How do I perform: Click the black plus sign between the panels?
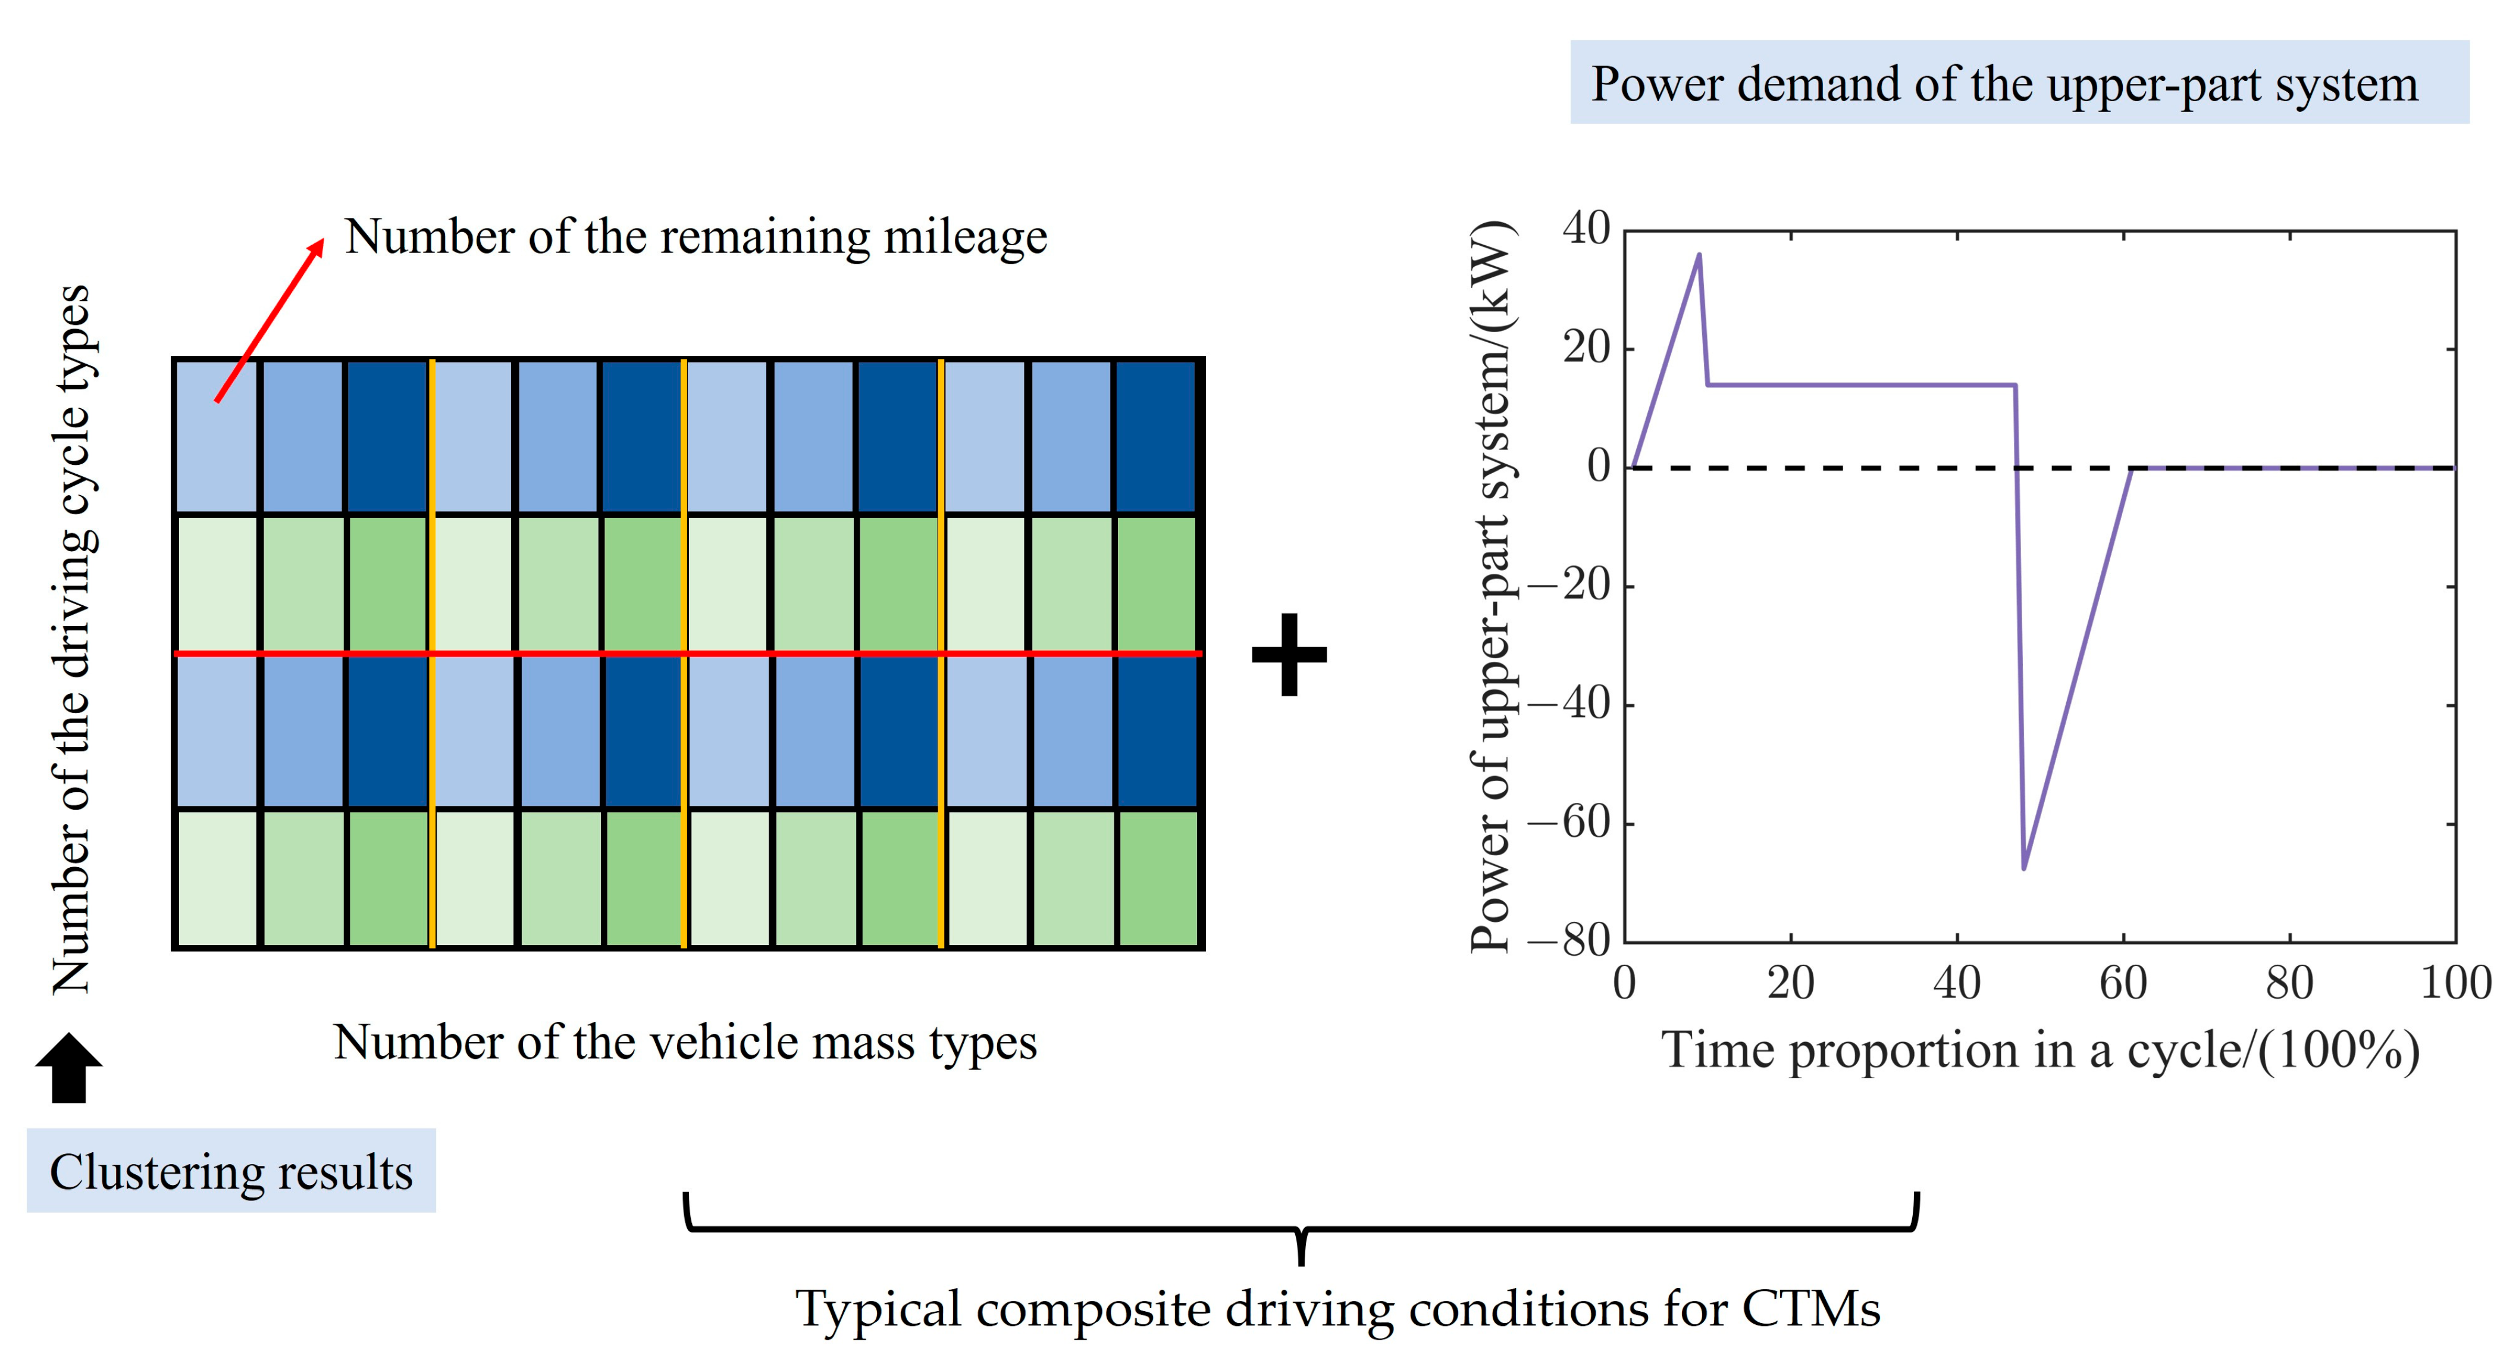1288,655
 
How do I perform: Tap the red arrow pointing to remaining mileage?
270,320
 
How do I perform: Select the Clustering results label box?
231,1171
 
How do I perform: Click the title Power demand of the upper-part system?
2004,83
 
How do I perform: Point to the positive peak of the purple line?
1698,255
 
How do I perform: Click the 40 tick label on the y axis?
1586,230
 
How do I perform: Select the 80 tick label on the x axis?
2289,983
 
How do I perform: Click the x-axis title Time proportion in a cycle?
2041,1050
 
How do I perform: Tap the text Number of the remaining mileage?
696,237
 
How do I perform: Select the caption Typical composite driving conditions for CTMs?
1337,1309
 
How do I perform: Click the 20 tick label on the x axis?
1790,983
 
